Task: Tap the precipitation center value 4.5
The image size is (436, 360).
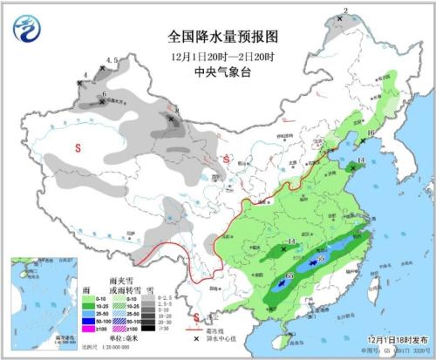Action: (112, 60)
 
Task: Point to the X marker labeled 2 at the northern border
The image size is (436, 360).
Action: (339, 18)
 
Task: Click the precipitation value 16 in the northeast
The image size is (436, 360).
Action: (370, 133)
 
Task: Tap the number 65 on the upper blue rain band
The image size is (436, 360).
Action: (320, 259)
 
